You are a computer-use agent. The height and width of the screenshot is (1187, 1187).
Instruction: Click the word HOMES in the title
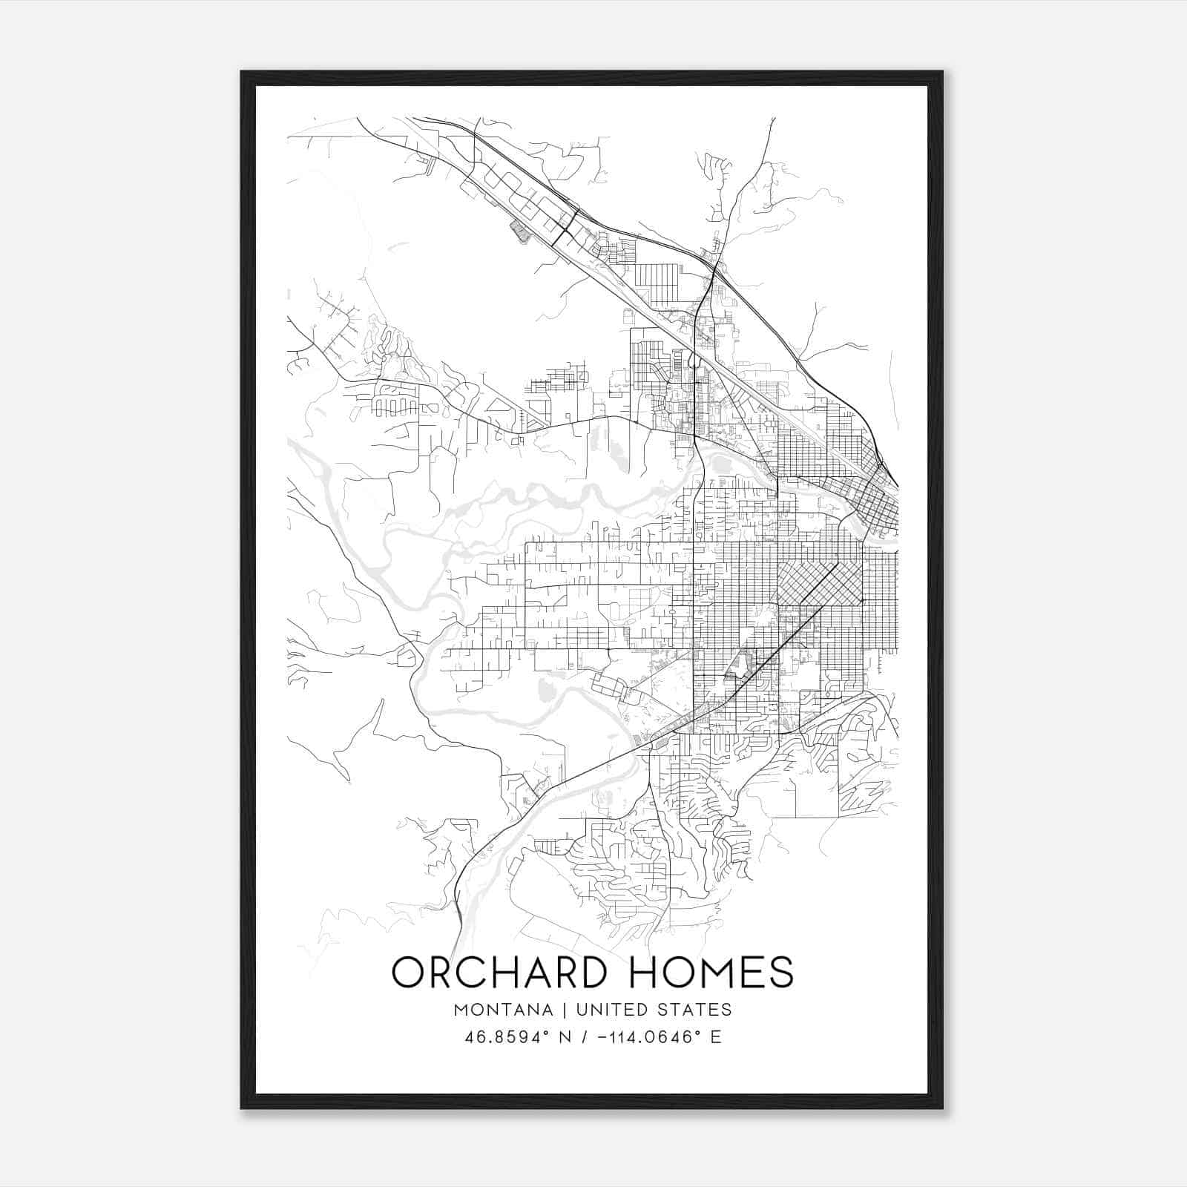point(711,972)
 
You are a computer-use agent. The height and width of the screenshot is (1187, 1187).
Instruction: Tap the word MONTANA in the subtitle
point(503,1010)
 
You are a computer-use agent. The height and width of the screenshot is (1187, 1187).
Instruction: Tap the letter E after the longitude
point(716,1036)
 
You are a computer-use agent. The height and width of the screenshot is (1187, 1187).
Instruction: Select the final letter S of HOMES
point(781,972)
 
